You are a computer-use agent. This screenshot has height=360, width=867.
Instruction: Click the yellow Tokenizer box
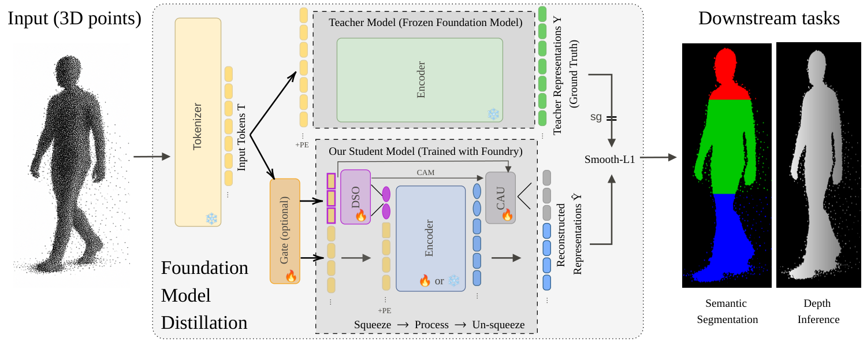click(x=198, y=122)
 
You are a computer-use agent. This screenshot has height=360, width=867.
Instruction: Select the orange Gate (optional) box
click(x=285, y=231)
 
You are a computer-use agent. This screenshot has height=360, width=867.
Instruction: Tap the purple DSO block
click(x=355, y=196)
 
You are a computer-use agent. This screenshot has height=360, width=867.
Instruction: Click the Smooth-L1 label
click(x=609, y=159)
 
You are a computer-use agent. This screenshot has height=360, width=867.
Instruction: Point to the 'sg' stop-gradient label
click(x=596, y=117)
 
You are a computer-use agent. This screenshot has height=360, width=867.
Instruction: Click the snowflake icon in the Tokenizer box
click(x=211, y=218)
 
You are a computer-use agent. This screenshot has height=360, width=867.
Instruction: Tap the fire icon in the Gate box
click(x=291, y=276)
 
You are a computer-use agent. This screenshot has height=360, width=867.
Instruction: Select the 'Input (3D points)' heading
click(x=75, y=18)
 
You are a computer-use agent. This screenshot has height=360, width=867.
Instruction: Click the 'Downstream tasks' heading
click(x=769, y=18)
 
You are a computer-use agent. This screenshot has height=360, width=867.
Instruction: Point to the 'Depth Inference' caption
click(x=818, y=311)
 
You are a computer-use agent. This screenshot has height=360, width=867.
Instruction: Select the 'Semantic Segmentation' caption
click(x=727, y=311)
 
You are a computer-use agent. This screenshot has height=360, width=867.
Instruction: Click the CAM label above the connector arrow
click(x=426, y=172)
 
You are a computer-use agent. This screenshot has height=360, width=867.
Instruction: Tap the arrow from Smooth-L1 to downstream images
click(x=658, y=157)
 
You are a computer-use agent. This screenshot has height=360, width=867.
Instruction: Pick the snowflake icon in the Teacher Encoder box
click(x=493, y=114)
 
